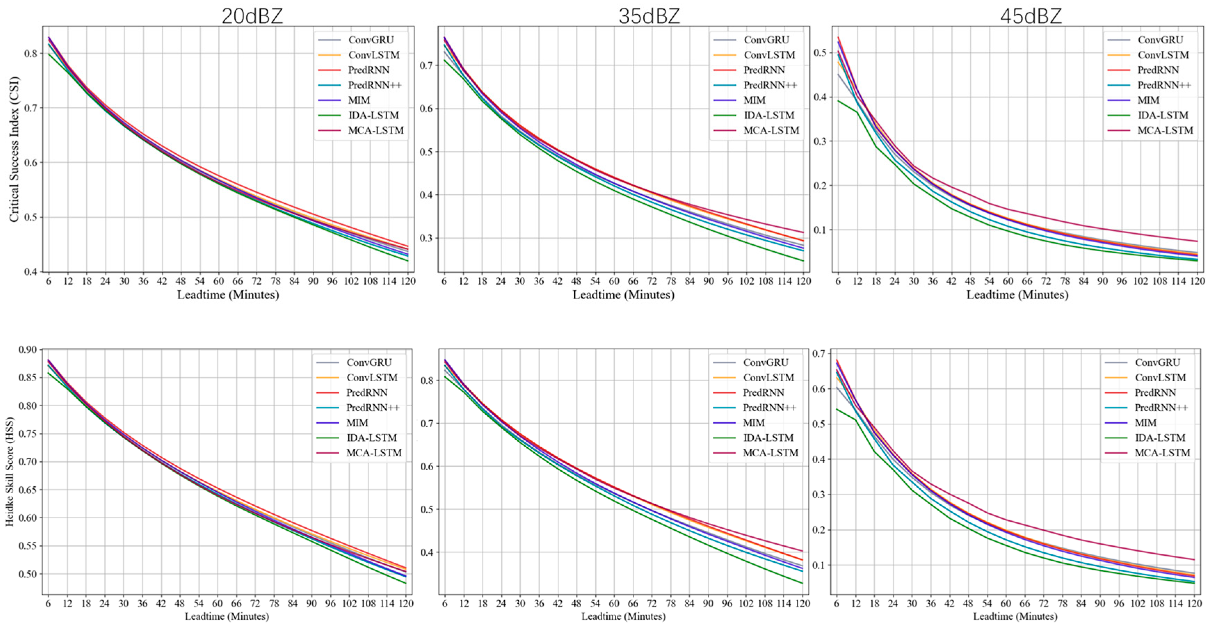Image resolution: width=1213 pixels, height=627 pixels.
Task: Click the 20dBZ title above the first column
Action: tap(252, 16)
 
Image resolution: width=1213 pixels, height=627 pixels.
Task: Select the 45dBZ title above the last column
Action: tap(1031, 16)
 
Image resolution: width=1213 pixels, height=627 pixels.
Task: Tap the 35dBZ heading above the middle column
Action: tap(649, 16)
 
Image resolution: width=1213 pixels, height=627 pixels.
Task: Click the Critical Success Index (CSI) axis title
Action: tap(14, 149)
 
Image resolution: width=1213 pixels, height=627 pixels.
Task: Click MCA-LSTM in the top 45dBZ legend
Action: tap(1165, 130)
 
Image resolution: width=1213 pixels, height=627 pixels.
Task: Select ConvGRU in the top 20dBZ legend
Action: tap(371, 40)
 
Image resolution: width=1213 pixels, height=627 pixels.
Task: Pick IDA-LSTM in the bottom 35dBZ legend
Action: tap(768, 438)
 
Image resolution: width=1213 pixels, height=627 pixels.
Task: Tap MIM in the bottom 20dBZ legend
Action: tap(357, 423)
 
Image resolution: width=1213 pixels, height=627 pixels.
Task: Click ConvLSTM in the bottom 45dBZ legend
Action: tap(1160, 377)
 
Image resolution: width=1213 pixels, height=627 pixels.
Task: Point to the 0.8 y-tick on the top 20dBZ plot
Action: tap(31, 53)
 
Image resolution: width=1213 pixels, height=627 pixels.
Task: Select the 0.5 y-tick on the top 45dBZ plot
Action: tap(820, 52)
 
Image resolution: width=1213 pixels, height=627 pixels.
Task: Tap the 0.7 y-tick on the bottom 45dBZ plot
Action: tap(819, 353)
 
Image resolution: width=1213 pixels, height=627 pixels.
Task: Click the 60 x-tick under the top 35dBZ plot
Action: tap(614, 282)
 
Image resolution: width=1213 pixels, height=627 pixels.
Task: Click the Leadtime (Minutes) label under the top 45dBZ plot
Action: tap(1017, 295)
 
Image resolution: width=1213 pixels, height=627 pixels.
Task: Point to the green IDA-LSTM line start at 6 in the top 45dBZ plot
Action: tap(838, 101)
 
